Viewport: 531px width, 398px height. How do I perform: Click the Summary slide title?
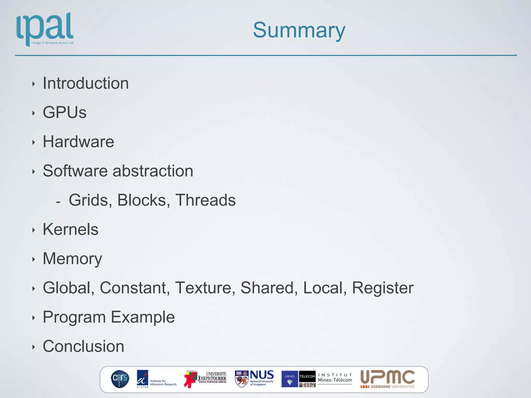coord(299,30)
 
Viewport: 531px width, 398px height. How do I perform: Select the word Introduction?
coord(86,83)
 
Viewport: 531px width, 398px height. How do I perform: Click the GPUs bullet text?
coord(65,112)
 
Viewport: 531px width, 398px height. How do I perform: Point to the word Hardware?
coord(78,142)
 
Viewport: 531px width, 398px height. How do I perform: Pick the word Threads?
coord(205,200)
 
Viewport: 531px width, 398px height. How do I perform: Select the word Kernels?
coord(71,230)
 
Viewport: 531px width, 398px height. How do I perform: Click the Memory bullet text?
coord(72,259)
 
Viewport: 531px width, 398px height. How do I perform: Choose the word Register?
coord(382,288)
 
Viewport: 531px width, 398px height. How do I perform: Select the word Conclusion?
coord(83,346)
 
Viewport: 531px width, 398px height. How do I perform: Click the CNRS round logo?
coord(120,379)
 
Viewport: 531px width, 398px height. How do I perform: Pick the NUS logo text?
coord(262,375)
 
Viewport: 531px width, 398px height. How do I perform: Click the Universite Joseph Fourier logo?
coord(205,379)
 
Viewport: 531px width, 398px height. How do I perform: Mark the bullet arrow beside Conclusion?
coord(33,347)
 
